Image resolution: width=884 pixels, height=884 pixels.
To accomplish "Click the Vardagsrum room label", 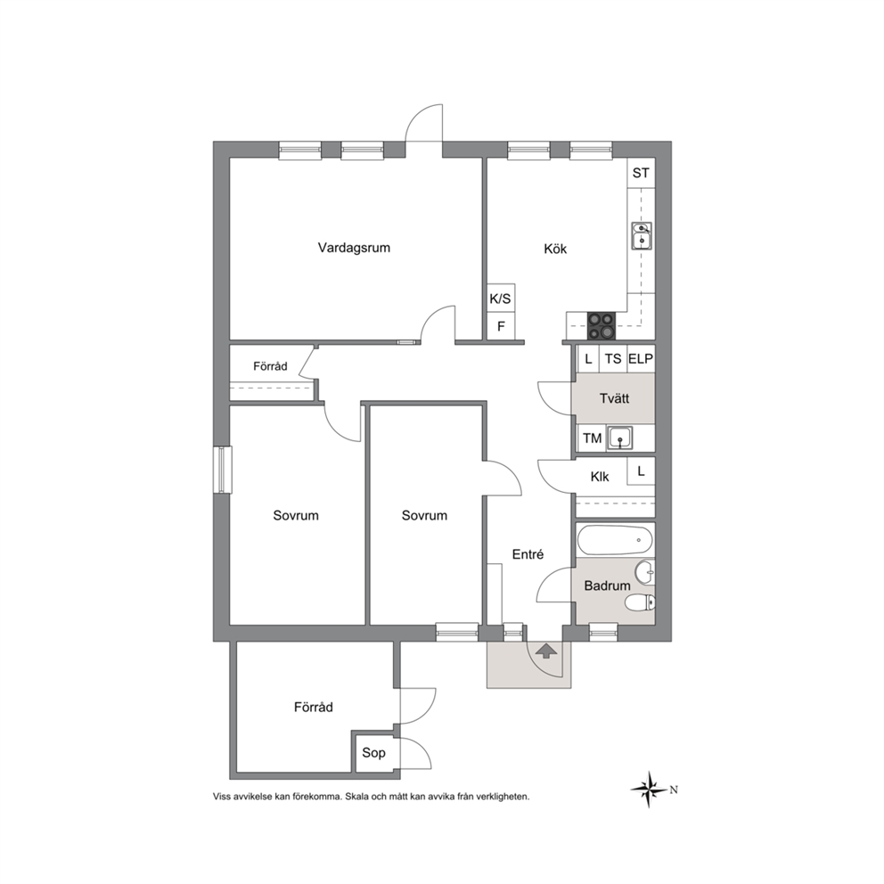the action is click(x=354, y=248).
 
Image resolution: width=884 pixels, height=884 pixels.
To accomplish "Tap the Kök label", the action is click(x=555, y=249).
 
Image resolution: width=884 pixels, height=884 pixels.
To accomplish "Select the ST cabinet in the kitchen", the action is click(x=641, y=173).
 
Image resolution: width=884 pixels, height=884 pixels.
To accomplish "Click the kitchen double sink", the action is click(x=642, y=235).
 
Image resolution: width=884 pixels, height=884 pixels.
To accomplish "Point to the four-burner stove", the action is click(x=602, y=326).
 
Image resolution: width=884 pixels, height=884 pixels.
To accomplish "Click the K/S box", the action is click(x=501, y=299).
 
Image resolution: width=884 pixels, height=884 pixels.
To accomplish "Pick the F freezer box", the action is click(x=501, y=326).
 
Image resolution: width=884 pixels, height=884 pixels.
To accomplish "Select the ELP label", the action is click(x=641, y=359).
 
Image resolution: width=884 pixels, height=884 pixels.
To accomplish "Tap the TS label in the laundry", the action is click(x=613, y=359).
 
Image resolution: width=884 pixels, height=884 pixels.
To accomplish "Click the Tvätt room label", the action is click(x=615, y=398).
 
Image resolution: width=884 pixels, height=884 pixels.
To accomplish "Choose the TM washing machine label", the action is click(x=592, y=438).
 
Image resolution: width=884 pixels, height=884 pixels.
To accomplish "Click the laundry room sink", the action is click(x=619, y=438).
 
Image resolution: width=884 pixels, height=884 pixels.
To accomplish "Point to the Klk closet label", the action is click(x=600, y=477).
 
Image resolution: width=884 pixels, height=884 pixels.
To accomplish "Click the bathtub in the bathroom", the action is click(x=615, y=540).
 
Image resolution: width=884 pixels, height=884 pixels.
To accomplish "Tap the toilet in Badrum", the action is click(x=641, y=602).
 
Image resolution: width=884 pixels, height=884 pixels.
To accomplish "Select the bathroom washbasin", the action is click(x=645, y=573).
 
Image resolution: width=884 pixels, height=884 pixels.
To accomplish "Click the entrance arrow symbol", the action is click(x=545, y=651).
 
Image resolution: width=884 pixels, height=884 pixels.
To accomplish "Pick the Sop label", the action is click(x=373, y=753).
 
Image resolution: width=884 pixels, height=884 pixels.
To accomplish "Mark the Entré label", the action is click(x=528, y=554).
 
